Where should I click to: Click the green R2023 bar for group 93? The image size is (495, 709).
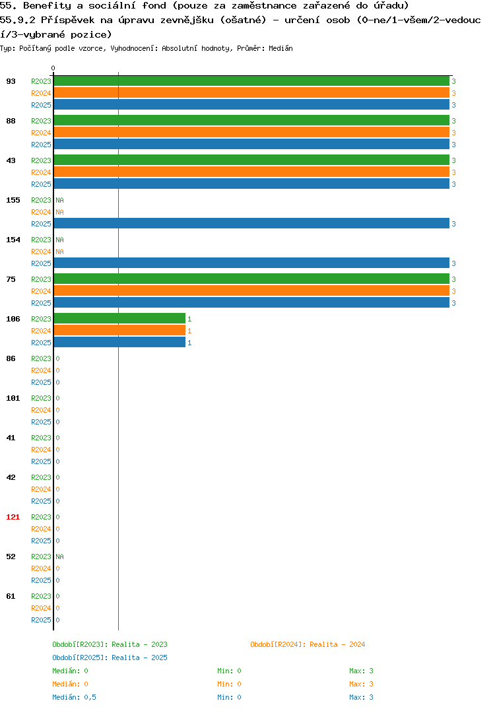click(251, 81)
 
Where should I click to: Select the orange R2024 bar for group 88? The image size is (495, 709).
click(251, 133)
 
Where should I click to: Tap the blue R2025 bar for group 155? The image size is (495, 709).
click(251, 223)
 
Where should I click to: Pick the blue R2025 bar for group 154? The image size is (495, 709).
click(251, 263)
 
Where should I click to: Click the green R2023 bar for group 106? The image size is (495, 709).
click(119, 319)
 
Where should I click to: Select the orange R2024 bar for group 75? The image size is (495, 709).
click(251, 290)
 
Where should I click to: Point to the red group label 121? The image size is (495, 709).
click(13, 517)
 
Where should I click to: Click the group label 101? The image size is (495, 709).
click(13, 398)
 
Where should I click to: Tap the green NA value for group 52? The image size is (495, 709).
click(59, 557)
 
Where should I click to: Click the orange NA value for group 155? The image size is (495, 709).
click(59, 212)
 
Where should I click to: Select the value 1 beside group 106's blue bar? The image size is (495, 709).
click(189, 343)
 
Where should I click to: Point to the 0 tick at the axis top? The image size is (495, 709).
click(53, 68)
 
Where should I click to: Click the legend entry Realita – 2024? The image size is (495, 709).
click(308, 644)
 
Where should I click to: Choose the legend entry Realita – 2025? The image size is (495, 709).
click(110, 658)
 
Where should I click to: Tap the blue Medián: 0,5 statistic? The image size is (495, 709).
click(74, 697)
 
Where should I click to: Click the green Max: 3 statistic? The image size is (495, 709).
click(361, 671)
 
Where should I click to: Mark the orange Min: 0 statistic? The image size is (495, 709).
click(229, 684)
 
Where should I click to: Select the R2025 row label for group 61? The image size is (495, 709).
click(41, 620)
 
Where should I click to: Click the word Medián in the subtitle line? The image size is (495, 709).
click(280, 48)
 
